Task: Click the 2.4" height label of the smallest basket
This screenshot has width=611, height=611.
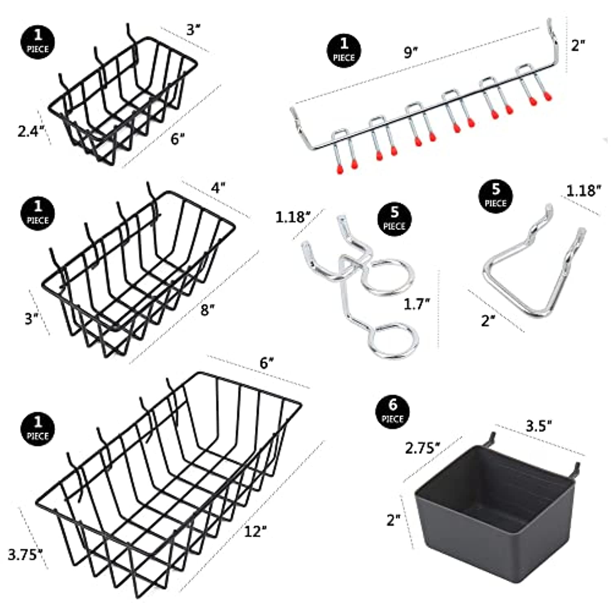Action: [x=31, y=131]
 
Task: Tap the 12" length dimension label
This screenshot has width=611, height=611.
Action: [x=255, y=531]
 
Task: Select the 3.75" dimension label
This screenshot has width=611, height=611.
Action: [x=25, y=554]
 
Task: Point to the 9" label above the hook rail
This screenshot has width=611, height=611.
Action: [x=411, y=53]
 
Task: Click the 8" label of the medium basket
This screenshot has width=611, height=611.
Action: [x=208, y=310]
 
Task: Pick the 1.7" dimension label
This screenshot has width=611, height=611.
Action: [x=417, y=304]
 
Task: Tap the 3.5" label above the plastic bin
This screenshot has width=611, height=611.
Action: [x=539, y=426]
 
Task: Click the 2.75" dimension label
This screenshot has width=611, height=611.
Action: [x=423, y=448]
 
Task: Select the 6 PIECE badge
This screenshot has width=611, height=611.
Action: [x=392, y=411]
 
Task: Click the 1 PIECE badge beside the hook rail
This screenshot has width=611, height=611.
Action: [x=344, y=50]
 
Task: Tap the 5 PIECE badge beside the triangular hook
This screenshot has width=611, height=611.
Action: [x=496, y=196]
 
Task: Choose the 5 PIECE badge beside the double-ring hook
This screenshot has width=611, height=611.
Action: [x=394, y=219]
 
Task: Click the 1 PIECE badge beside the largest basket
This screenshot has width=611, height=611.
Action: [x=37, y=429]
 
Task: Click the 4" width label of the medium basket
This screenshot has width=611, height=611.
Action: [x=218, y=188]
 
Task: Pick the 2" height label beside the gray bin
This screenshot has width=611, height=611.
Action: [x=394, y=520]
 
